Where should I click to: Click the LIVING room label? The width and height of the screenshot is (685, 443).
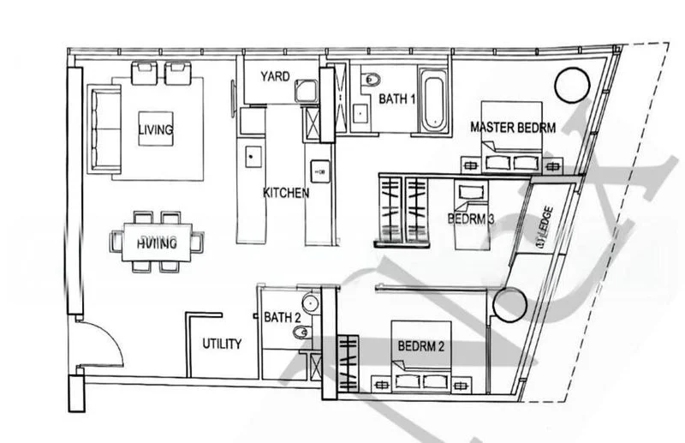155,130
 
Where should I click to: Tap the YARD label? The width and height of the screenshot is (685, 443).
275,75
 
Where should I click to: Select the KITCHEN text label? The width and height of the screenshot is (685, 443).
285,194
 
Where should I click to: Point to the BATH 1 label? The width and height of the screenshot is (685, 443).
397,99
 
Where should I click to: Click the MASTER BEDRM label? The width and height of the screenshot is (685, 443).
513,128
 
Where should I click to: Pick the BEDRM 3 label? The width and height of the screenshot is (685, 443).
471,219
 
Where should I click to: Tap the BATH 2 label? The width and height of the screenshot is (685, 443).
282,317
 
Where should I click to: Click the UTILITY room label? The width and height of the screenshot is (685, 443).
222,344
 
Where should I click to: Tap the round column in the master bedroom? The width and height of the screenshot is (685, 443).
571,85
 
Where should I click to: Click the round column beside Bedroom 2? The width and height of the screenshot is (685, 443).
510,305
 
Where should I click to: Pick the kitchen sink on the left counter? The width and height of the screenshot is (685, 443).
253,156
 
